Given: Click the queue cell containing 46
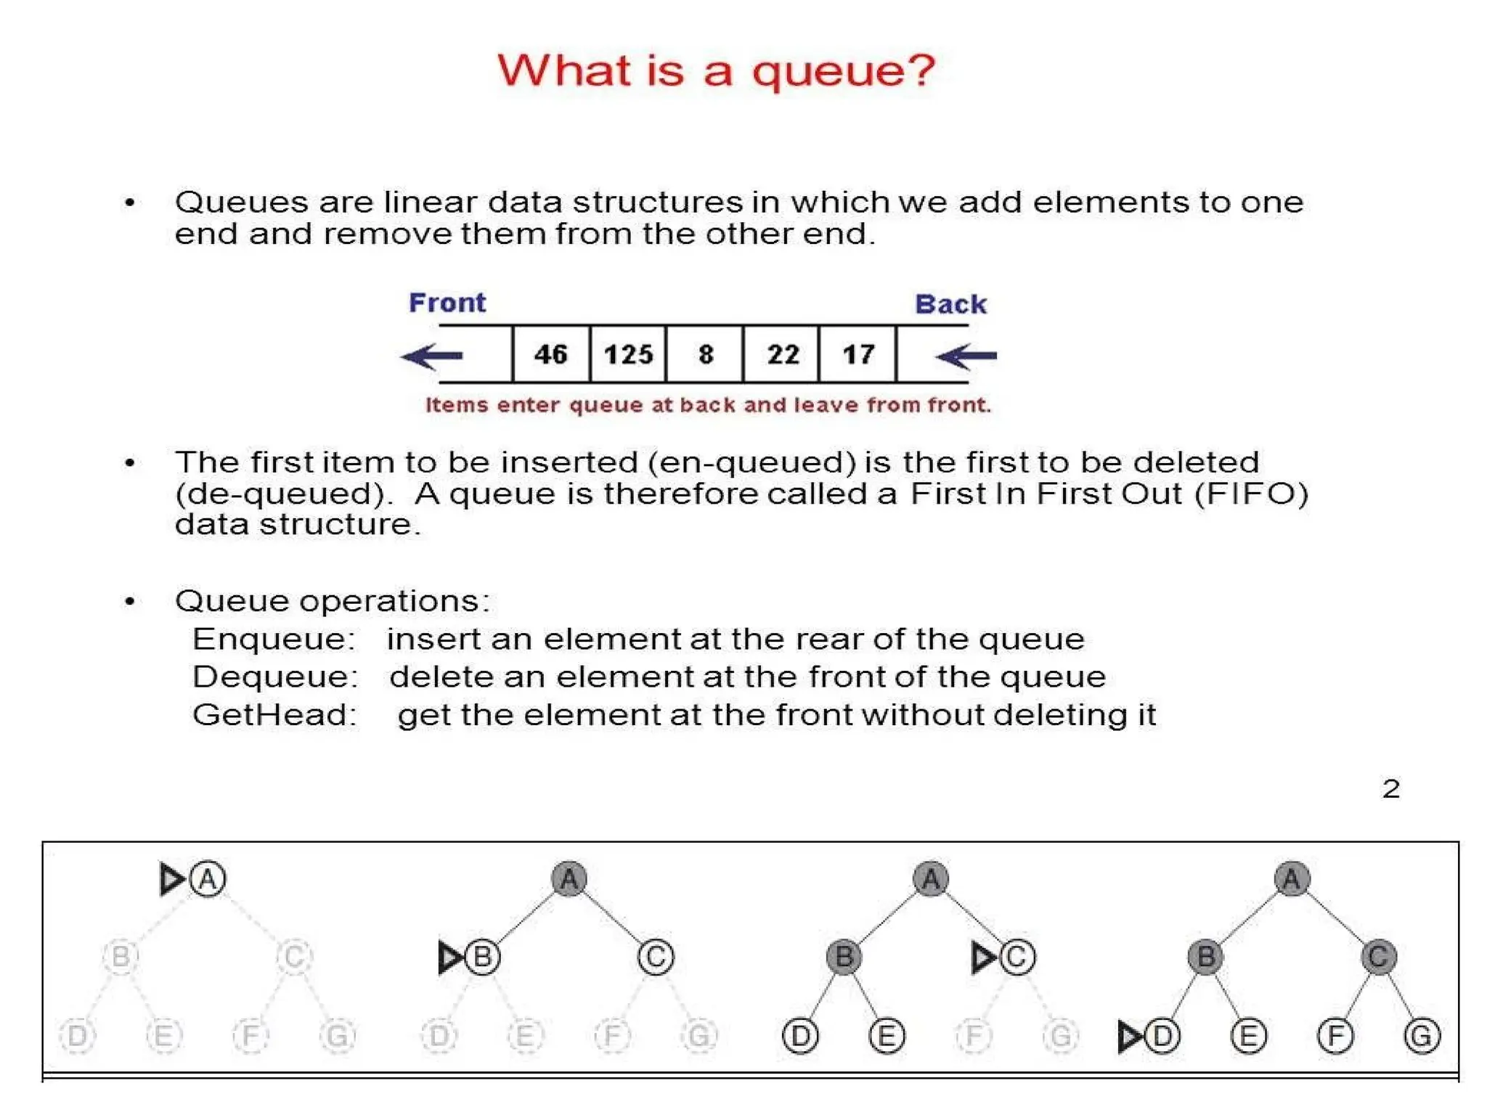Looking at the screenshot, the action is (x=550, y=354).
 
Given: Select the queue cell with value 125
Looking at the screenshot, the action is (x=628, y=354).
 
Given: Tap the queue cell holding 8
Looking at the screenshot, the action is (x=705, y=354).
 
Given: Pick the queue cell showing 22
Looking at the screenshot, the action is (x=782, y=354).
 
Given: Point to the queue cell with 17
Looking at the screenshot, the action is (x=857, y=354).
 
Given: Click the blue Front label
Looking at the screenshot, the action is (x=447, y=303).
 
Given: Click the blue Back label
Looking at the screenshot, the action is (x=950, y=304).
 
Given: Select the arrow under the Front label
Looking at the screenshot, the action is (x=432, y=356).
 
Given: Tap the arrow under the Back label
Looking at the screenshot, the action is (x=966, y=356).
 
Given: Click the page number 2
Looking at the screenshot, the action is (x=1390, y=789).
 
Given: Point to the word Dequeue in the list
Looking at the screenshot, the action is (x=275, y=677).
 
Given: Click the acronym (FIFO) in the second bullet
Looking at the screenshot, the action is (x=1251, y=494).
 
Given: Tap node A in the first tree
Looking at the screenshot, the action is (x=208, y=879).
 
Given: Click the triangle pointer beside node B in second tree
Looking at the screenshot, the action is (x=450, y=957).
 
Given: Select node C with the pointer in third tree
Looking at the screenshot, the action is (x=1017, y=957).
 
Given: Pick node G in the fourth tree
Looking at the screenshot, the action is (x=1421, y=1036).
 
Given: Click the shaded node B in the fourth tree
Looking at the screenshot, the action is (x=1205, y=957).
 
